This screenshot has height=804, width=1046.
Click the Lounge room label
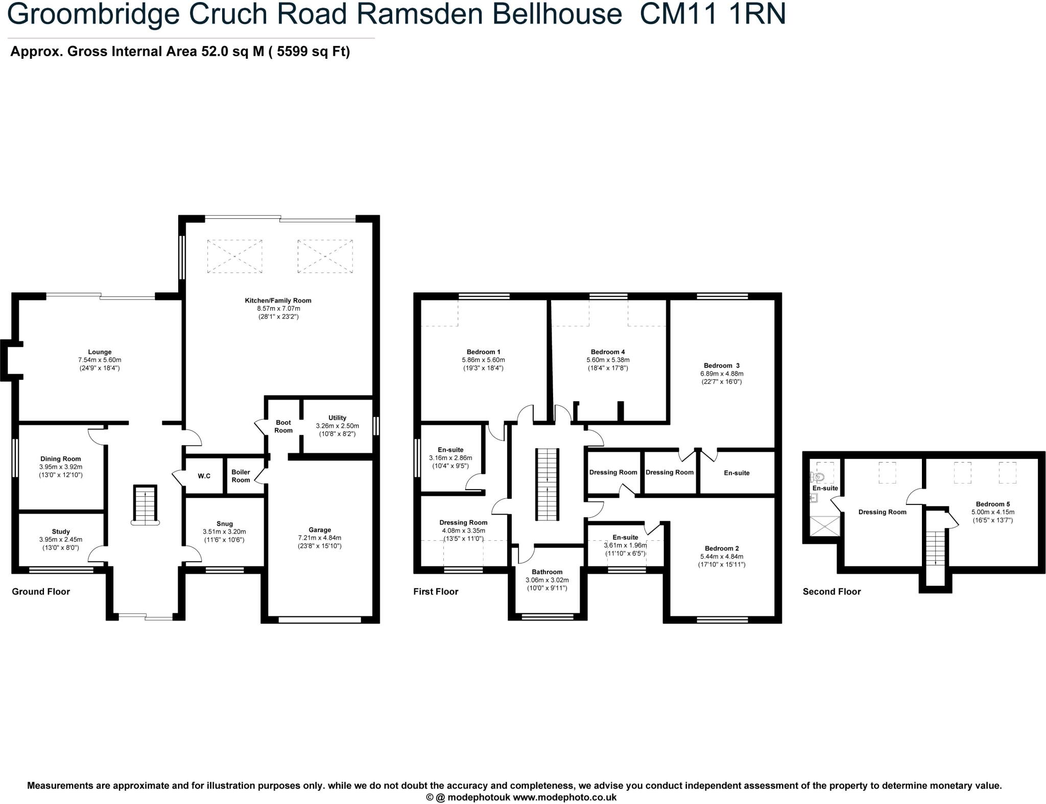[100, 352]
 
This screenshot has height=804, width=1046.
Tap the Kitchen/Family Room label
[278, 301]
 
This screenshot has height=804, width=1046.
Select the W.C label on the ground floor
[204, 476]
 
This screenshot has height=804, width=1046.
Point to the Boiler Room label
[241, 476]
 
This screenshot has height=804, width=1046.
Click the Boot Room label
[283, 426]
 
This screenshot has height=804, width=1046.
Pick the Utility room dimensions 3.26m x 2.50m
[337, 426]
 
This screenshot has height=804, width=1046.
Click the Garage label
[320, 530]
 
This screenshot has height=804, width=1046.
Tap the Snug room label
[224, 523]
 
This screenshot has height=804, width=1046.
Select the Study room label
[61, 532]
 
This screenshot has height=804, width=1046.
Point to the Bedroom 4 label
[608, 352]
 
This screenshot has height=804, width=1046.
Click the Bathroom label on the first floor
[547, 572]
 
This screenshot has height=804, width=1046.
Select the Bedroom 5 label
[993, 504]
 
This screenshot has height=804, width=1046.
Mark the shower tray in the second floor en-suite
[825, 525]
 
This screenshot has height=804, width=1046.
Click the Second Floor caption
[831, 591]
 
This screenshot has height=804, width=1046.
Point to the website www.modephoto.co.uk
[564, 797]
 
